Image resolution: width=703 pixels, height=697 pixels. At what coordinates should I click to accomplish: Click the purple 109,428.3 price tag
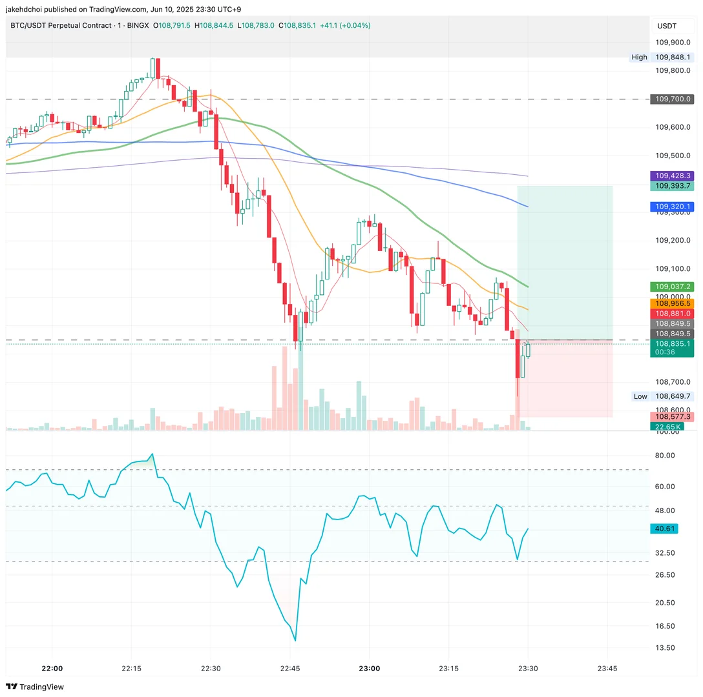coord(673,176)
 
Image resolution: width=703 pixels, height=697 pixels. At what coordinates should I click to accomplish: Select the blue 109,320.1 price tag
coord(673,207)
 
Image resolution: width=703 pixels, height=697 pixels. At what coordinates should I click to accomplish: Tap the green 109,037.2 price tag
coord(673,287)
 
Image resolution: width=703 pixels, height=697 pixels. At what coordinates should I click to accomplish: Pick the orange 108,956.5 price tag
coord(673,303)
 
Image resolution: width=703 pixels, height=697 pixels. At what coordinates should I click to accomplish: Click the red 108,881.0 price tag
coord(673,314)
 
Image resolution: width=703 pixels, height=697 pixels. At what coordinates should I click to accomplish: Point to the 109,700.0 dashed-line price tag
coord(673,99)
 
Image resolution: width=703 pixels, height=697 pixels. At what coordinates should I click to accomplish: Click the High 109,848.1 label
coord(662,57)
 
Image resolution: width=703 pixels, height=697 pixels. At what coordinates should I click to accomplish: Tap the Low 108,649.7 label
coord(662,396)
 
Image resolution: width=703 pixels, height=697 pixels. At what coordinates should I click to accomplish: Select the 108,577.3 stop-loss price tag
coord(673,417)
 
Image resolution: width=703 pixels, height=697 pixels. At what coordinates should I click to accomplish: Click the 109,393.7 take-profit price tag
coord(673,186)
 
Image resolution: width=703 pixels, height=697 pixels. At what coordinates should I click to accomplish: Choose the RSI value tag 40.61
coord(673,529)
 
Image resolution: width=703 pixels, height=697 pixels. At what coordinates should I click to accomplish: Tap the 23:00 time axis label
coord(369,669)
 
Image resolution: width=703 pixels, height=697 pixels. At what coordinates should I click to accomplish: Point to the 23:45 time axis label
coord(607,669)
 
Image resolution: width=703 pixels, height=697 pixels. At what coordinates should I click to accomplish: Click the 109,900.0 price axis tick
coord(673,42)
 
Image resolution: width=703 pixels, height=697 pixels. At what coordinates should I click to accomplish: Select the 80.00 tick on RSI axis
coord(666,456)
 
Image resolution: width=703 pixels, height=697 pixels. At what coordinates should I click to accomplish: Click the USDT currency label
coord(667,26)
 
